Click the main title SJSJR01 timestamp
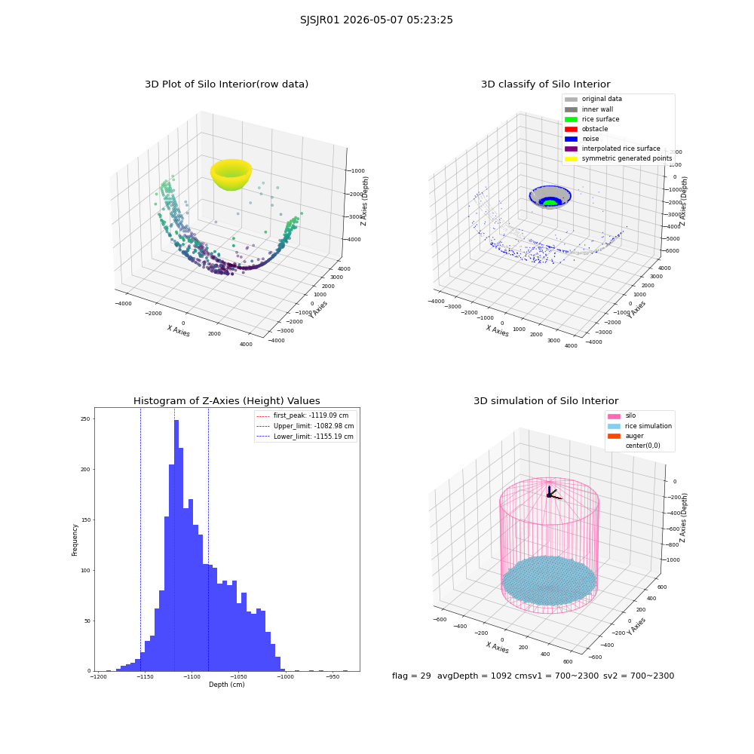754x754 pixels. tap(376, 20)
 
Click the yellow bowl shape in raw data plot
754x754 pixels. tap(231, 175)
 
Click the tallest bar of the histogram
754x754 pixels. tap(176, 545)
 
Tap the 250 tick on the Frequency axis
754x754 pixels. tap(85, 418)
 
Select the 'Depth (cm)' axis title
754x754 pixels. tap(226, 685)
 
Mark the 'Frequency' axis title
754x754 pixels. tap(75, 540)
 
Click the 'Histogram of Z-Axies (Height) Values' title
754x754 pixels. tap(226, 400)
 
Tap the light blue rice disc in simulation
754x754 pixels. tap(549, 581)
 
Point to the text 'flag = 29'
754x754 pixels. tap(411, 676)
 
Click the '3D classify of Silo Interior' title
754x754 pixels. tap(546, 84)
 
